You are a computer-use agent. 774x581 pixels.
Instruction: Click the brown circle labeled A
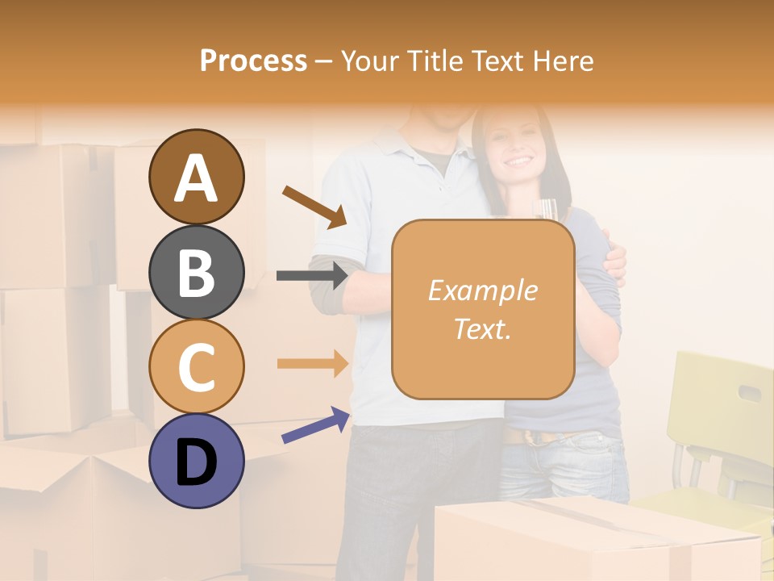click(x=196, y=177)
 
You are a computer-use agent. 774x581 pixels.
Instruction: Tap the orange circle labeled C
click(x=196, y=366)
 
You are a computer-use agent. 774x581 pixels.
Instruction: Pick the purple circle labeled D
click(x=196, y=461)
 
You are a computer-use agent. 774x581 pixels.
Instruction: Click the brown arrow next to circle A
click(x=314, y=207)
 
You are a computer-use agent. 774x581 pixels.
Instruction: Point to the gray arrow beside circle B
click(x=312, y=276)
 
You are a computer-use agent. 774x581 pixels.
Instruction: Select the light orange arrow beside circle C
click(x=312, y=363)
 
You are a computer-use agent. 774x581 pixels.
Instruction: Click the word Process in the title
click(x=253, y=61)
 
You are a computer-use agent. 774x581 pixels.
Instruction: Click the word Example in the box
click(x=482, y=290)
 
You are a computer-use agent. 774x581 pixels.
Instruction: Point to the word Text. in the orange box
click(x=482, y=329)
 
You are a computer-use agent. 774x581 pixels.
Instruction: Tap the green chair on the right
click(x=714, y=420)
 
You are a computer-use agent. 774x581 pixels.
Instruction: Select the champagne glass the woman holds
click(x=547, y=210)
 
